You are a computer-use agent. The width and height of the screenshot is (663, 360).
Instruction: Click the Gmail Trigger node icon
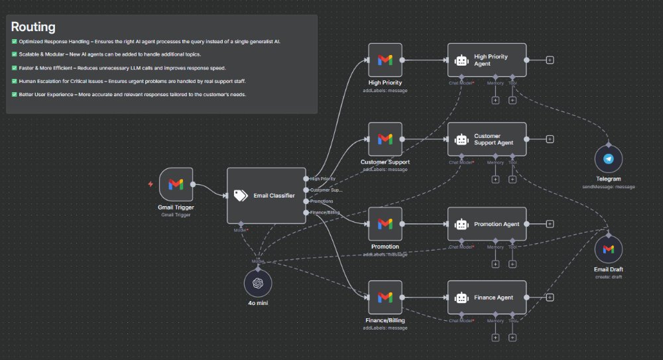click(176, 184)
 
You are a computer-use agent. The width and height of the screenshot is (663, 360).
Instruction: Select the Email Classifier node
click(266, 195)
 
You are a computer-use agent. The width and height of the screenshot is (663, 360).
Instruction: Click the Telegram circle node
click(608, 159)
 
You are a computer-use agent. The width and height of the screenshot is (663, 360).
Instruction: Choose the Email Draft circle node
click(608, 249)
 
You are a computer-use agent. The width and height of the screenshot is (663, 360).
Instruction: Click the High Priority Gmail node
click(385, 60)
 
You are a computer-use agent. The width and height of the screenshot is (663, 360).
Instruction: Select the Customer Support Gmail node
click(385, 139)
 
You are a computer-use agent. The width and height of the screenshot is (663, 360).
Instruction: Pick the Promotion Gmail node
click(385, 224)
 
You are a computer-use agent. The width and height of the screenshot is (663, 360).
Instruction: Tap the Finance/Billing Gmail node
click(385, 298)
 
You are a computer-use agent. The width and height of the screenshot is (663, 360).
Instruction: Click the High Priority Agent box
click(487, 60)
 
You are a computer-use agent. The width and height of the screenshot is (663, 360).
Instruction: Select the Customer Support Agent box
click(487, 139)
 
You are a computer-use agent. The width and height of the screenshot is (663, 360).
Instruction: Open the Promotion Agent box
click(487, 224)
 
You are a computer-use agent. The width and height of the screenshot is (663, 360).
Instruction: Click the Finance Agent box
click(487, 298)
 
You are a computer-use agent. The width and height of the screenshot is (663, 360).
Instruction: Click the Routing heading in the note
click(33, 27)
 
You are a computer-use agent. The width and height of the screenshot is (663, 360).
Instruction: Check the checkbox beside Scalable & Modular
click(15, 54)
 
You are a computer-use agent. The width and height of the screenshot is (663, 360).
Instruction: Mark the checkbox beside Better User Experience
click(15, 94)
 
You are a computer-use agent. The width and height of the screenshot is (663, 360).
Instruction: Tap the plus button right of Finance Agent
click(550, 298)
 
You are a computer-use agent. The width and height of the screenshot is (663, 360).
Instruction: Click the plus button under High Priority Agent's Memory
click(495, 100)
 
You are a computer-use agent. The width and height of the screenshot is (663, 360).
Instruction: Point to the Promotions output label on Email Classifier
click(322, 201)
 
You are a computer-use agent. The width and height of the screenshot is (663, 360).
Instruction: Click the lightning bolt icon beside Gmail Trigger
click(151, 184)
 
